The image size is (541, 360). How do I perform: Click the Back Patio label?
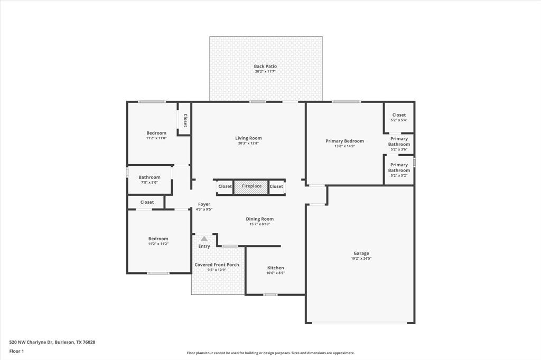pos(265,67)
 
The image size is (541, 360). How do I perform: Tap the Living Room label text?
pos(248,138)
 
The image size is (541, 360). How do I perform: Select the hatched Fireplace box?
pos(251,186)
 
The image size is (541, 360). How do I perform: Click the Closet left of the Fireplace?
pos(225,186)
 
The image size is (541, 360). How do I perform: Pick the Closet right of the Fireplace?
pos(276,186)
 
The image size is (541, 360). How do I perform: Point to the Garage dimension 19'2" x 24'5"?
pos(361,259)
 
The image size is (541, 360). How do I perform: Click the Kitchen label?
pos(275,268)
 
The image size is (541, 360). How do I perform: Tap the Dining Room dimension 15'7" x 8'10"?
pos(260,224)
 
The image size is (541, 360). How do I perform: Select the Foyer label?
pos(204,204)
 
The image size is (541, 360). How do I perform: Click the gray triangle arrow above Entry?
pos(204,239)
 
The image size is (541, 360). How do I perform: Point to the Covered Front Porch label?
pos(217,265)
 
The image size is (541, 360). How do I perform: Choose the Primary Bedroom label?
pos(344,141)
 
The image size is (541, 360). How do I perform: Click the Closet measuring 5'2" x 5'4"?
pos(399,117)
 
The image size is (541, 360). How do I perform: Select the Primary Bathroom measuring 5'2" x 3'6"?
pos(399,144)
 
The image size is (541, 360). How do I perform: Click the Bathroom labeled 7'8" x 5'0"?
pos(150,179)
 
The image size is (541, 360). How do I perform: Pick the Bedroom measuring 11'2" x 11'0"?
pos(156,135)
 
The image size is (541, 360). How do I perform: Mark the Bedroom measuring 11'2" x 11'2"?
pos(158,241)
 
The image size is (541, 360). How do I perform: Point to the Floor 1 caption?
pos(16,351)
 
